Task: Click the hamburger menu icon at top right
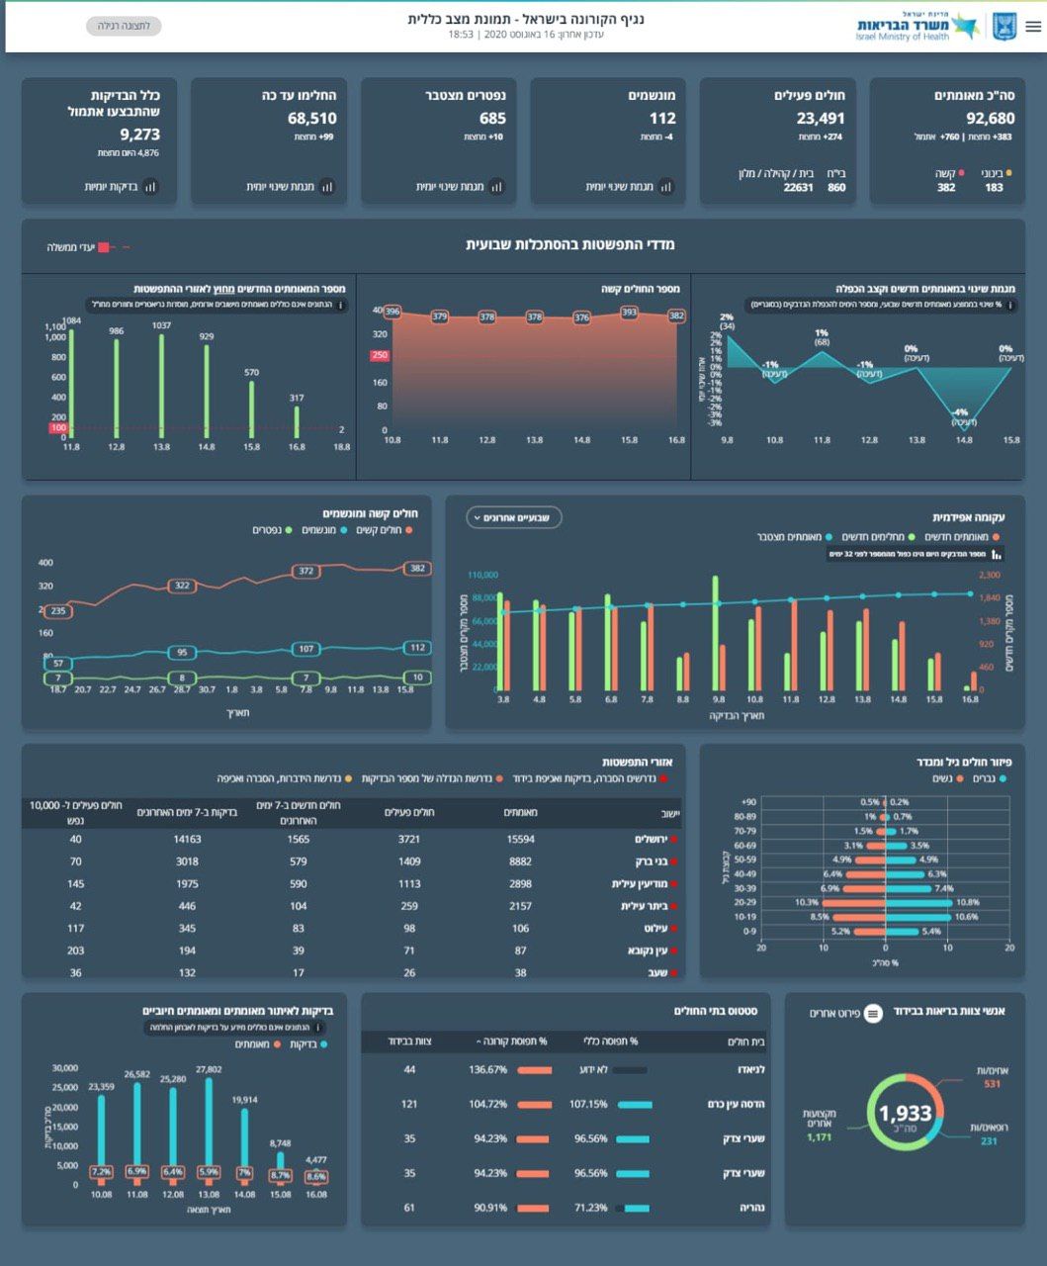[1033, 27]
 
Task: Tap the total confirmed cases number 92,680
[990, 119]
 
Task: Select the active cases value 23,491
[821, 119]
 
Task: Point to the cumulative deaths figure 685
[492, 119]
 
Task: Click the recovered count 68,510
[312, 119]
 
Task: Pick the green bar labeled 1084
[71, 381]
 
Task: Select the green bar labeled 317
[297, 422]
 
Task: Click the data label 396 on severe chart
[392, 313]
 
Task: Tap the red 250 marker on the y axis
[380, 356]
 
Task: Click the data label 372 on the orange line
[306, 571]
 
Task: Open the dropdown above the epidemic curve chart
[514, 517]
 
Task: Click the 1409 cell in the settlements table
[409, 861]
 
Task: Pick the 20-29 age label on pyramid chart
[744, 902]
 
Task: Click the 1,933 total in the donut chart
[905, 1115]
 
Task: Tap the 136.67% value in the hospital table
[488, 1070]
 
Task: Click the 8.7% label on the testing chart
[281, 1175]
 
